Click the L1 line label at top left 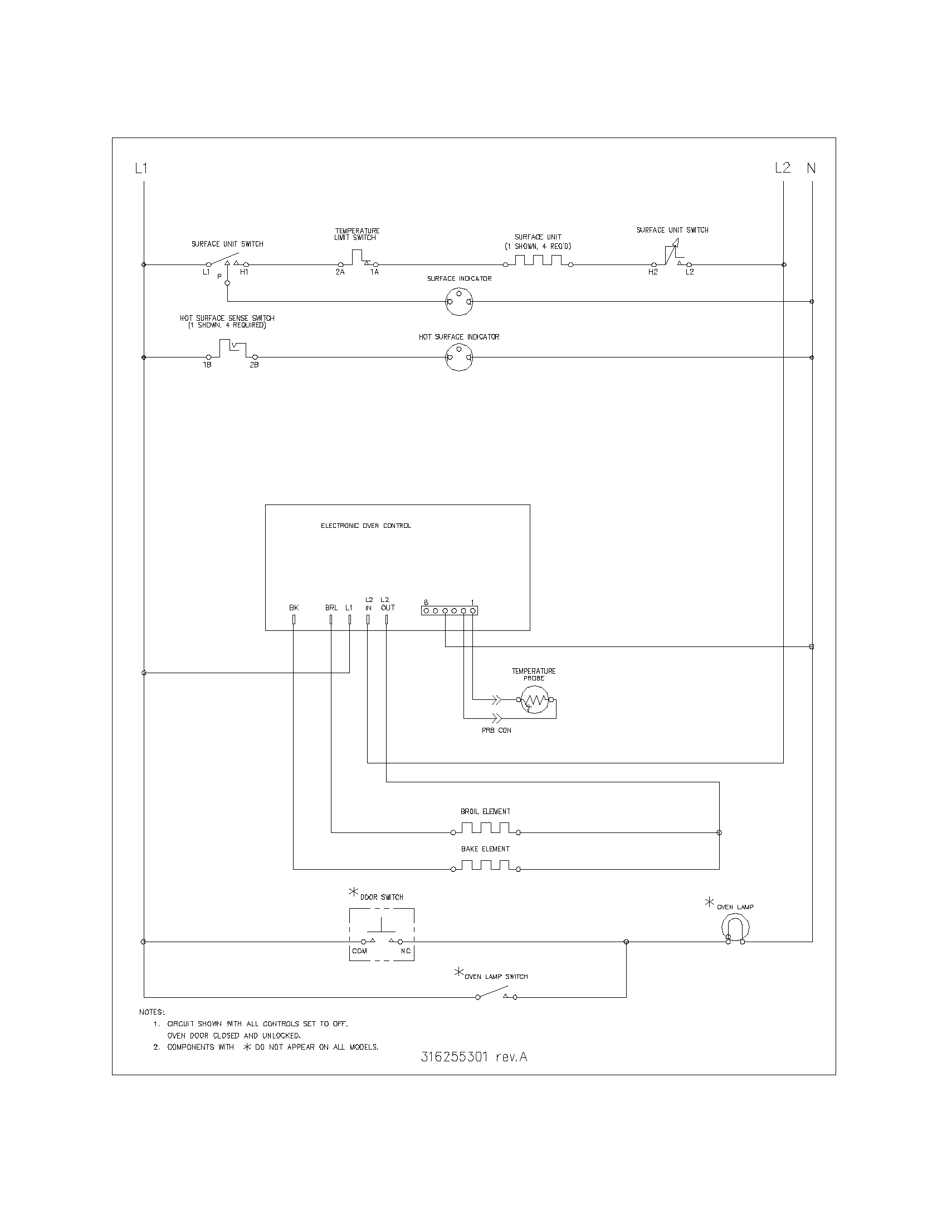coord(141,168)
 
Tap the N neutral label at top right coord(811,168)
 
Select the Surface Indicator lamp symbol coord(459,302)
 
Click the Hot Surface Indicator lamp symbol coord(459,357)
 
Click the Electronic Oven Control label coord(366,526)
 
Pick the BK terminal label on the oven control coord(294,607)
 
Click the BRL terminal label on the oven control coord(331,607)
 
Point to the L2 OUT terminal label coord(387,604)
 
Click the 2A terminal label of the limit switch coord(340,272)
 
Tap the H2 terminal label coord(653,272)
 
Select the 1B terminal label coord(207,365)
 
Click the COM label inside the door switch coord(359,950)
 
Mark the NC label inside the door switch coord(406,950)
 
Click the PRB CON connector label coord(496,731)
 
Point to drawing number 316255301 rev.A coord(474,1057)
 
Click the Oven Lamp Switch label coord(496,977)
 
